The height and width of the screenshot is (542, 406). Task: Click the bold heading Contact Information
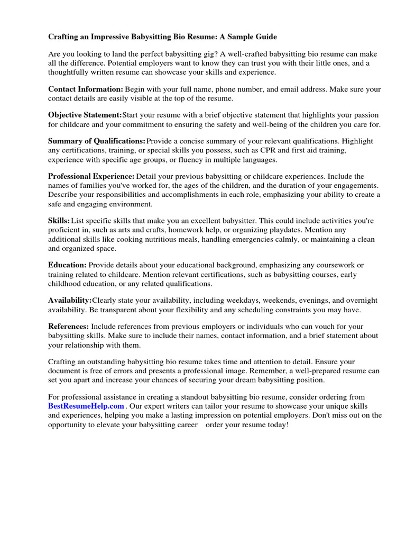point(86,89)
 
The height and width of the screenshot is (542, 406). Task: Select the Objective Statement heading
point(85,115)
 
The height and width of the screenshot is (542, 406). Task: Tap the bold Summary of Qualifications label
point(96,141)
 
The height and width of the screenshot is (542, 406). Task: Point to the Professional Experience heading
point(91,176)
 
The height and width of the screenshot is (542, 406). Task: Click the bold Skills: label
point(59,220)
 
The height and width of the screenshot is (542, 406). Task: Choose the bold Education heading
point(67,265)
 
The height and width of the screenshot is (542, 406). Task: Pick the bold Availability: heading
point(70,301)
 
